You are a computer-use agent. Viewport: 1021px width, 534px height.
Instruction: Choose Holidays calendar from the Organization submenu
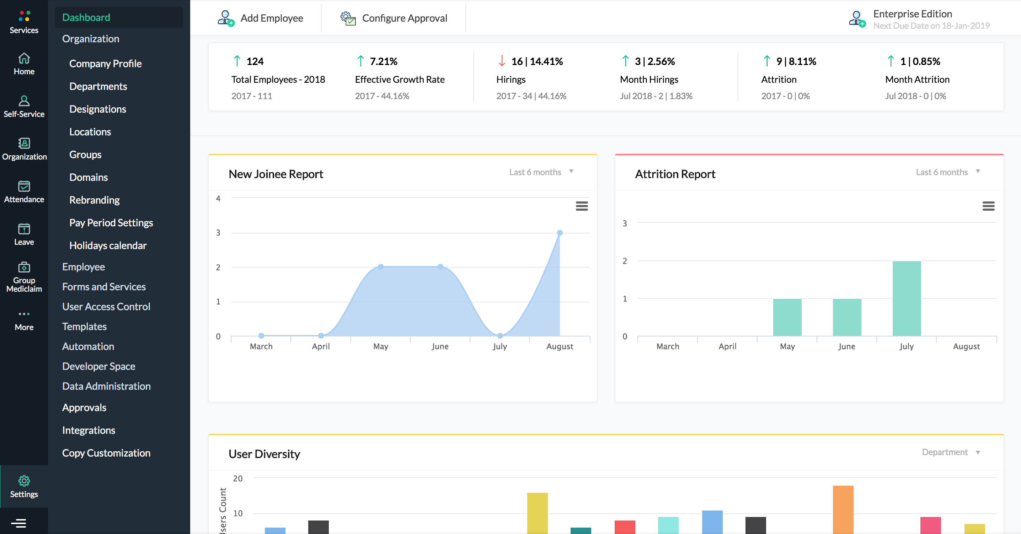(108, 245)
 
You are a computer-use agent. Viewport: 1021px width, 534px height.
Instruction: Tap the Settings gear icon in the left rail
(24, 481)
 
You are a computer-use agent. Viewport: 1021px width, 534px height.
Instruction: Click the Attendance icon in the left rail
(24, 186)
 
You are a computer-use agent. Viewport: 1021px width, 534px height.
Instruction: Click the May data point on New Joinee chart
(380, 266)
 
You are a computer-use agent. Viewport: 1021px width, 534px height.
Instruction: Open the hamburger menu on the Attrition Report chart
(988, 206)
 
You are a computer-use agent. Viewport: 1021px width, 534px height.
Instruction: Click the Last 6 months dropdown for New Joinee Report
(541, 172)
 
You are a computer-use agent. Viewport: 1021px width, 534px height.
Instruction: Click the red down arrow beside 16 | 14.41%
(502, 61)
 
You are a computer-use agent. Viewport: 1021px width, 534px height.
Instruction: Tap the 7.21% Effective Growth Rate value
(383, 61)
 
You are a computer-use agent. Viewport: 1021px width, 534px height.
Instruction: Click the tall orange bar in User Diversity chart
(843, 509)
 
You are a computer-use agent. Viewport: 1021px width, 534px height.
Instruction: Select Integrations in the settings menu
(89, 430)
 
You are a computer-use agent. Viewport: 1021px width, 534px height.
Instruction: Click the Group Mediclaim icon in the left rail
(24, 268)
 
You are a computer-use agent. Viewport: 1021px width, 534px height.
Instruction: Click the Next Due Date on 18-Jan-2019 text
(931, 26)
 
